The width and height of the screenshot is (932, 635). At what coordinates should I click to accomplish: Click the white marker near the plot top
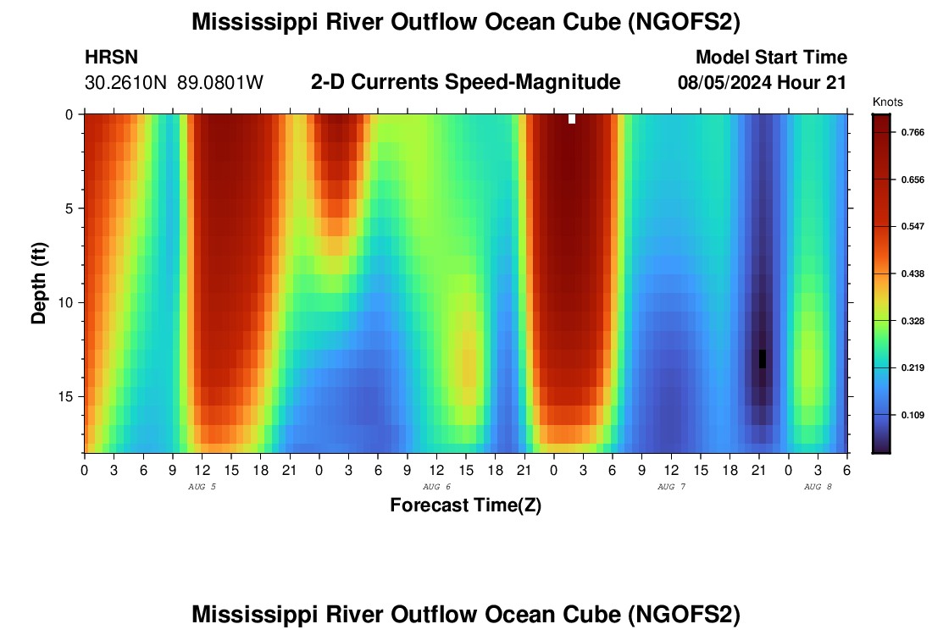pos(572,119)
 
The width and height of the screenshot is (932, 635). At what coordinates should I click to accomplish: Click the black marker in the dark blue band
pos(763,358)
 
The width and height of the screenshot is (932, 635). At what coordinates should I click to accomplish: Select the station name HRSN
pos(111,58)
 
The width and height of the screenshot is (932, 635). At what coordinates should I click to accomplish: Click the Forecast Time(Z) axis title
pos(465,505)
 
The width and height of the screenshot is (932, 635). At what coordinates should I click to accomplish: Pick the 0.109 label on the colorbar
pos(901,415)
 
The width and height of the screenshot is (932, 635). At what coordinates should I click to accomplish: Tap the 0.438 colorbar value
pos(901,274)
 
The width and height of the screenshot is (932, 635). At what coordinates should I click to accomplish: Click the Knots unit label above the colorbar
pos(888,102)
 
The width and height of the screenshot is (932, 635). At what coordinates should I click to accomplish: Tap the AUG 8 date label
pos(818,487)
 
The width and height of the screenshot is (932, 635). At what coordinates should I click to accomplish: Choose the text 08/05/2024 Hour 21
pos(763,83)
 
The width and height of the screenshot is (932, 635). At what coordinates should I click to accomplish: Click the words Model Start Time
pos(771,58)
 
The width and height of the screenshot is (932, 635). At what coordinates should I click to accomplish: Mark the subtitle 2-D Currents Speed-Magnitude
pos(466,82)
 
